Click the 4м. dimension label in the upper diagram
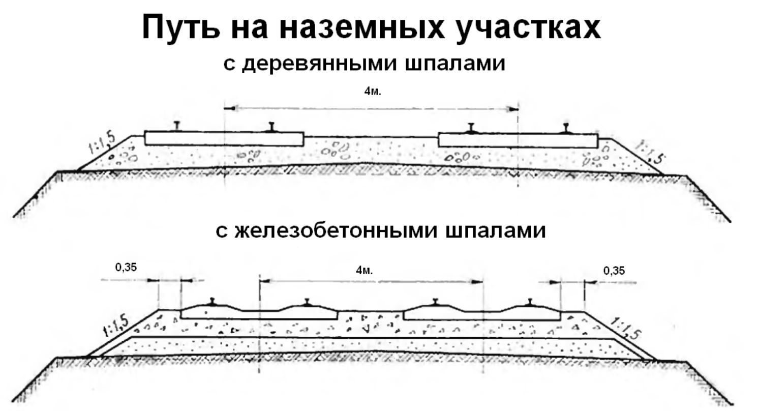click(x=373, y=92)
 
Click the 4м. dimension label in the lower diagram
click(x=364, y=270)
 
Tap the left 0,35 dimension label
click(x=126, y=267)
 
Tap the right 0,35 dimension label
click(x=614, y=271)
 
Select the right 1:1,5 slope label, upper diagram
click(x=651, y=152)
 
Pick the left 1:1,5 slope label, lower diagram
click(x=116, y=326)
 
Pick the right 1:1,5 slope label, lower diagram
click(x=626, y=328)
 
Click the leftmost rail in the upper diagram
click(x=177, y=127)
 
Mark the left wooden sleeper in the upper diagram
click(x=224, y=139)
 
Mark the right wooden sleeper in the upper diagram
click(x=518, y=141)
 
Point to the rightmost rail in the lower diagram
click(x=530, y=302)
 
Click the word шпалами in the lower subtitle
click(x=496, y=230)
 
